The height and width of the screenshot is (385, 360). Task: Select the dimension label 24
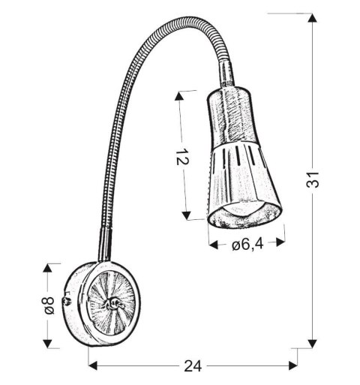(193, 365)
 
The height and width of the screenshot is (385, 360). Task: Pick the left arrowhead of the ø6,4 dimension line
(213, 243)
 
